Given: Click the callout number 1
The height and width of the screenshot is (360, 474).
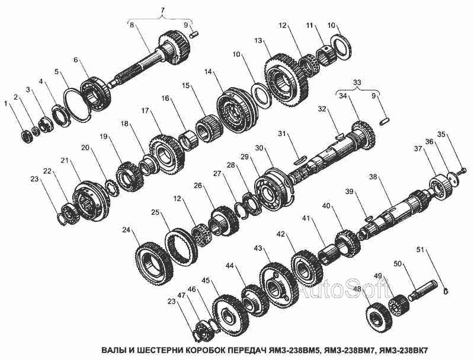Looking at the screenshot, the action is coord(5,104).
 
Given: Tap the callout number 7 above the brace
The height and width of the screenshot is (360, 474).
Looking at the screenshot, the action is coord(162,10).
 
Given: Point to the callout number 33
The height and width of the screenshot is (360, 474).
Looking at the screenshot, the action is coord(357,82).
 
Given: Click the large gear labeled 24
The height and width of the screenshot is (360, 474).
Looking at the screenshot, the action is coord(153,265).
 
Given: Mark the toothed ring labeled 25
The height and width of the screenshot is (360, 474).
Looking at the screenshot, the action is coord(181,247).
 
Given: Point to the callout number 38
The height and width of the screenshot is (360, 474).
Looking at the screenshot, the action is coord(373,176).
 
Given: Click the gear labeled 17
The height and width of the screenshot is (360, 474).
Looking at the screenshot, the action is coord(166,154).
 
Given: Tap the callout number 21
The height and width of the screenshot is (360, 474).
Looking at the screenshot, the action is coord(65,160).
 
